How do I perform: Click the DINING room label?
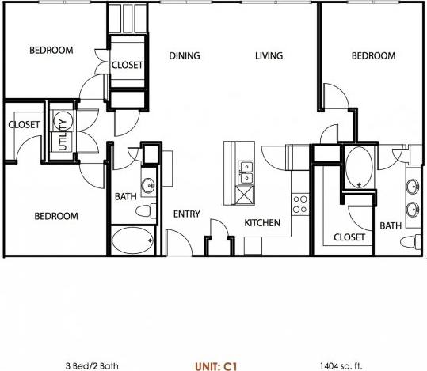[x=184, y=56]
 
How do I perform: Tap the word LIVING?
[x=269, y=56]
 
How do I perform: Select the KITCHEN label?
[x=261, y=223]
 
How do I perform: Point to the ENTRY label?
[x=186, y=214]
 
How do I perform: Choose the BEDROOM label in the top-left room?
[x=51, y=51]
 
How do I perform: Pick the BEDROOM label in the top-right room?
[x=373, y=56]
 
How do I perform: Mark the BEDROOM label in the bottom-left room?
[x=55, y=216]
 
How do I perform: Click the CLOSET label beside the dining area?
[x=127, y=66]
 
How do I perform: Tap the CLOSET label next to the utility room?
[x=24, y=124]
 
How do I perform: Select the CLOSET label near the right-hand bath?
[x=349, y=237]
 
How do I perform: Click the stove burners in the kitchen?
[x=300, y=204]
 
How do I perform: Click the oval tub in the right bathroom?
[x=360, y=167]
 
